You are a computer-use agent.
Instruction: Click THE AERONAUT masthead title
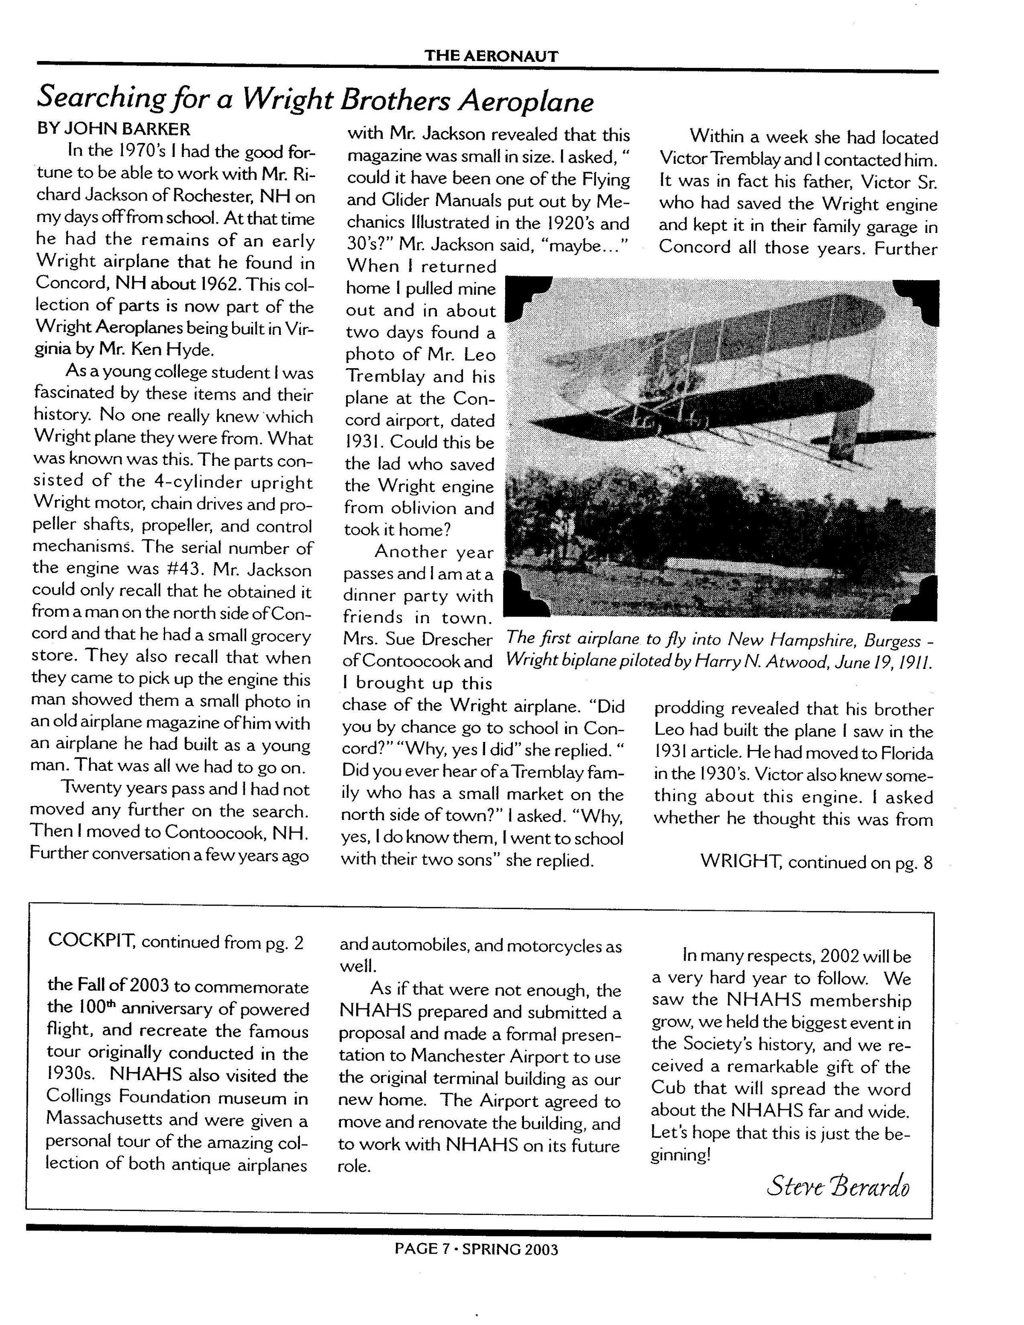[x=491, y=56]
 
